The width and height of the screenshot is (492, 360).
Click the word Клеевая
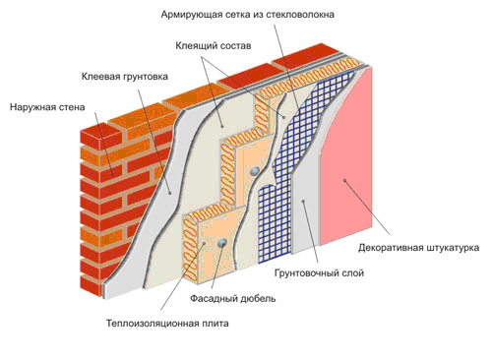[x=103, y=75]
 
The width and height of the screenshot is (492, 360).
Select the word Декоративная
[x=396, y=247]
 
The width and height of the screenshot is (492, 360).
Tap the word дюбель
[x=259, y=297]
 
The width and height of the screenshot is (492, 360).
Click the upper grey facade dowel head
[x=254, y=171]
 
